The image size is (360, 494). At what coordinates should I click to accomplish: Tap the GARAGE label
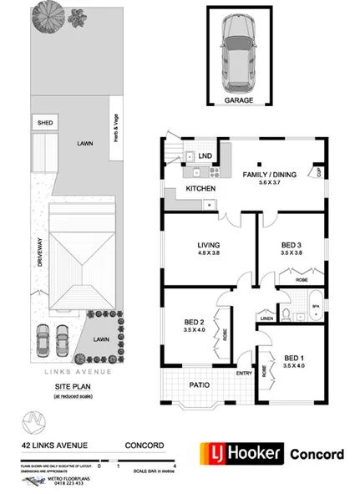click(x=237, y=99)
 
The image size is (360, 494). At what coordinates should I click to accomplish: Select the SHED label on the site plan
click(x=44, y=123)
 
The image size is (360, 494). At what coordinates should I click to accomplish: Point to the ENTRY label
click(x=244, y=374)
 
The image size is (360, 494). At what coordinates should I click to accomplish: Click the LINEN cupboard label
click(x=266, y=318)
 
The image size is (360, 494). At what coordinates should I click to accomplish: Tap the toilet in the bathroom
click(x=286, y=313)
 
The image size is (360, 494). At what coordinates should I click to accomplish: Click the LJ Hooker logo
click(x=240, y=455)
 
